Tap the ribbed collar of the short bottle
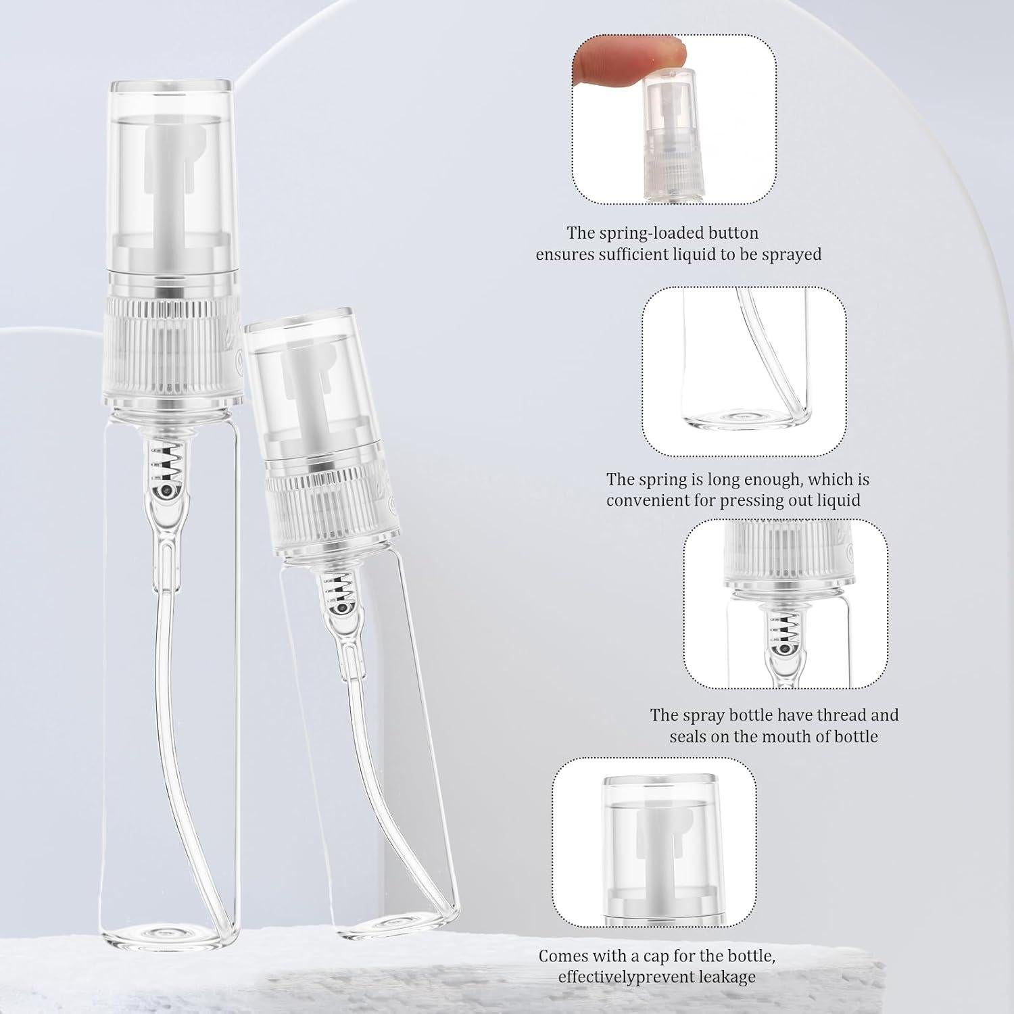(329, 497)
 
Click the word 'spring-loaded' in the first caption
(662, 233)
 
